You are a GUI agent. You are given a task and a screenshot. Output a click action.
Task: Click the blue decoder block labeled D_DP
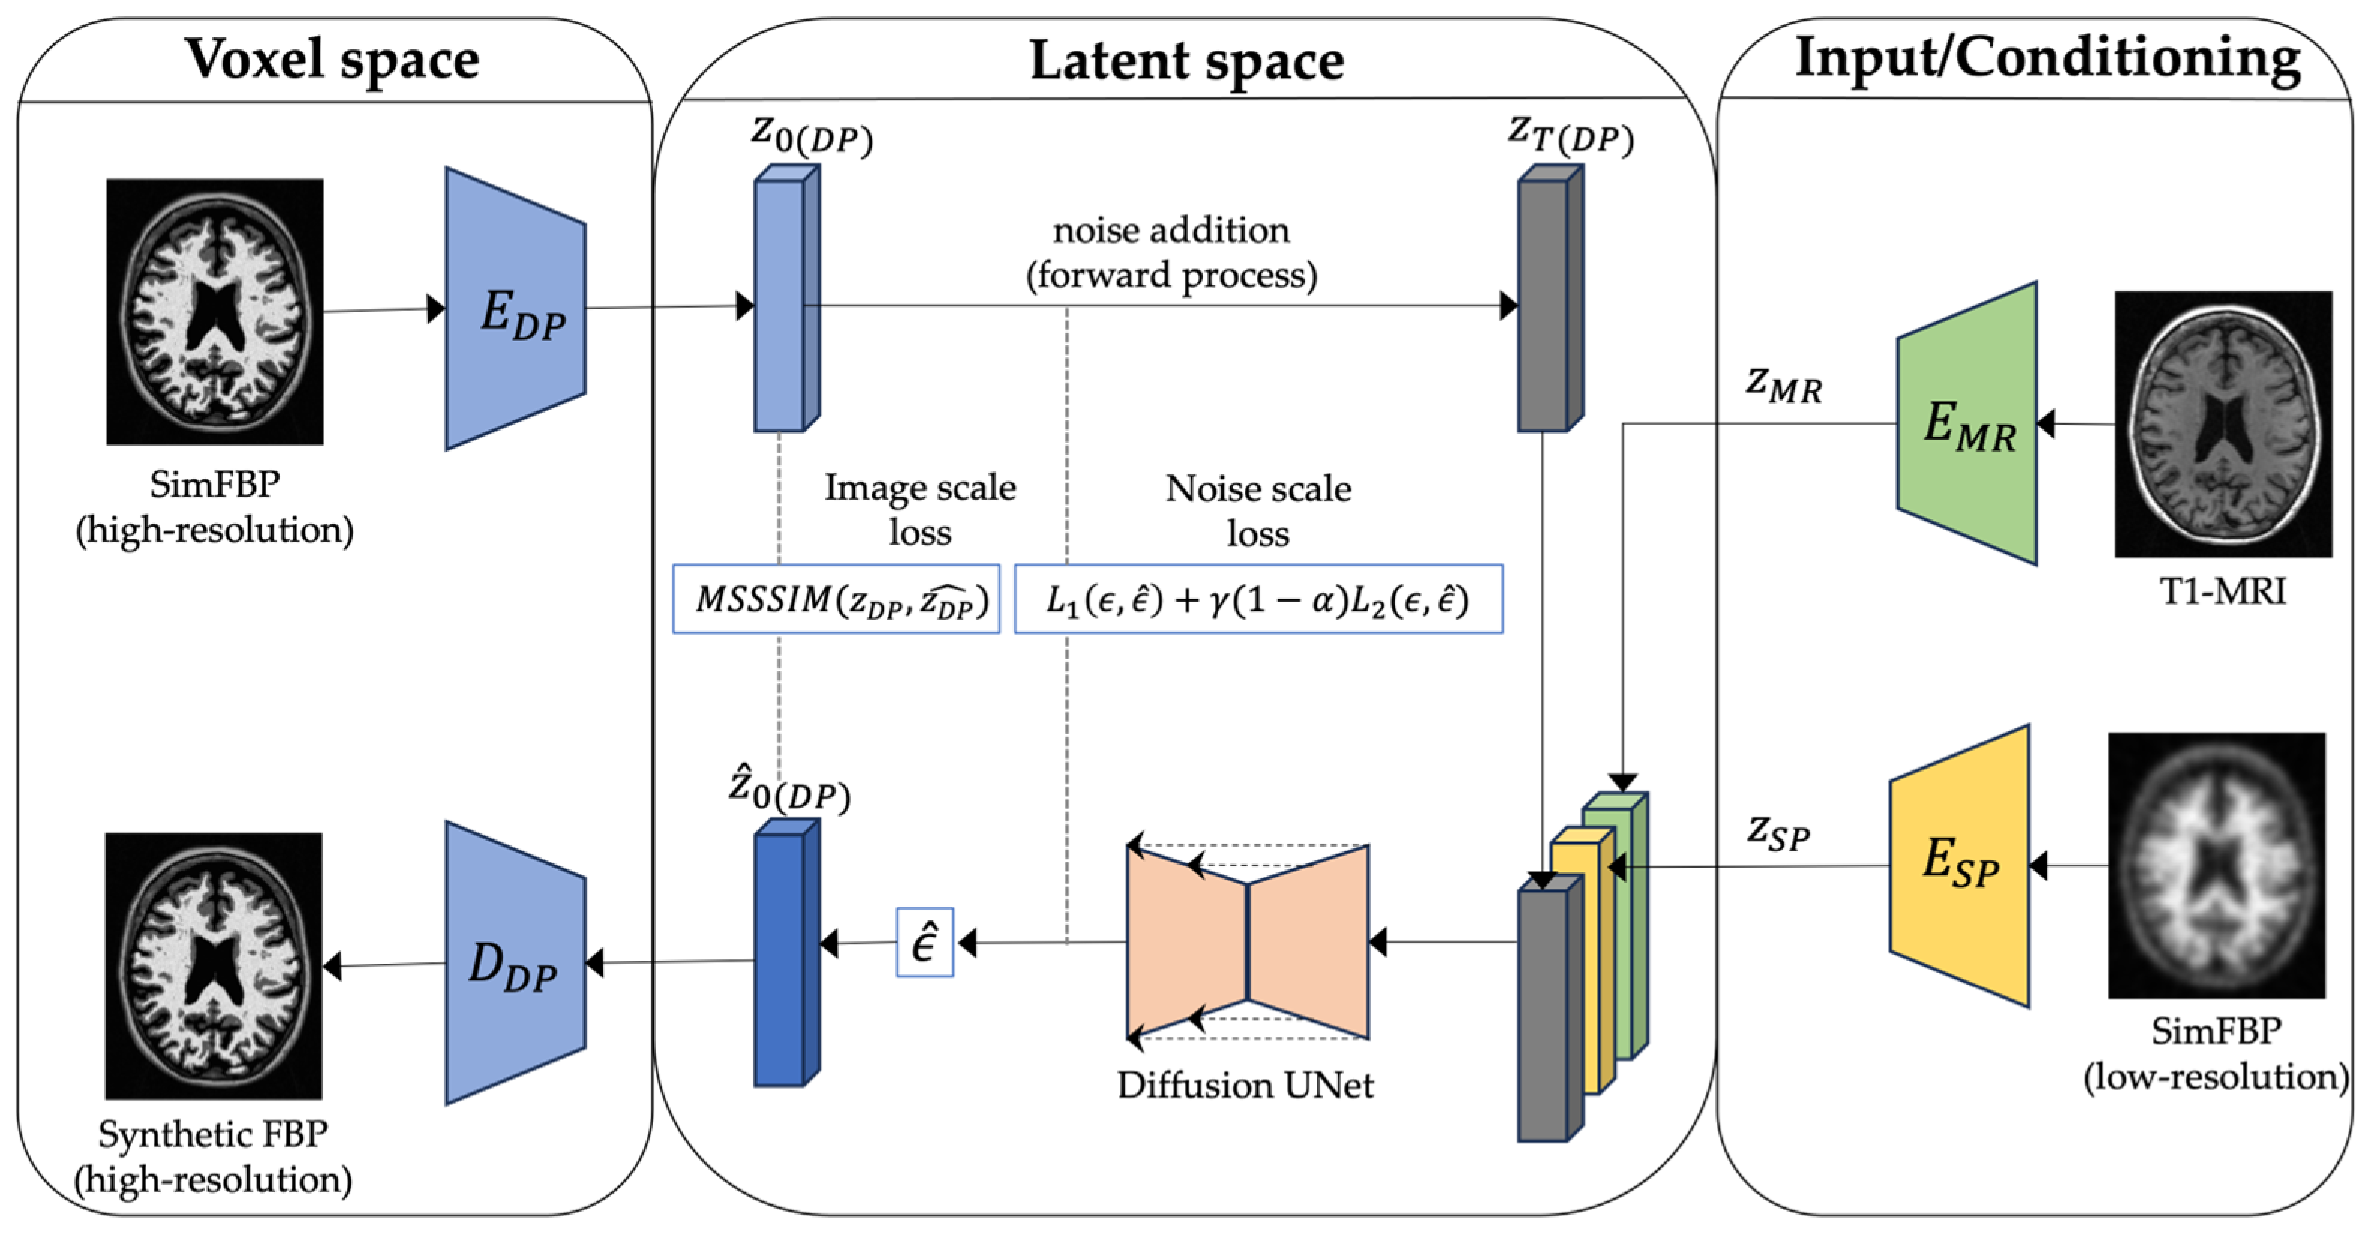(516, 964)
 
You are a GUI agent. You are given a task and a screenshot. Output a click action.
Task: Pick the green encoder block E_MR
(1968, 424)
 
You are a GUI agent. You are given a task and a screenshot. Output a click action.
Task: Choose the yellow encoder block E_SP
(1960, 865)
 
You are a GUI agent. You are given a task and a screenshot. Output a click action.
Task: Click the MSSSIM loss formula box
(836, 599)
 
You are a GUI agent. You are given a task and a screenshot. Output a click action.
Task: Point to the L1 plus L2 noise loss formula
(1257, 599)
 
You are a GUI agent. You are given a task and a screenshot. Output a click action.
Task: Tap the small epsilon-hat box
(924, 943)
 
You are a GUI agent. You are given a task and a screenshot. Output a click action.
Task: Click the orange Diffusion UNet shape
(1247, 941)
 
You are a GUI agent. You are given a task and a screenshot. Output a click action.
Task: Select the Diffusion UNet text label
(1245, 1086)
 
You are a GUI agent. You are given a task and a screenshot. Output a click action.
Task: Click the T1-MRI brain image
(2222, 424)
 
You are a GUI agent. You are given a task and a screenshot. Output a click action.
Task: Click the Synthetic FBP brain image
(214, 965)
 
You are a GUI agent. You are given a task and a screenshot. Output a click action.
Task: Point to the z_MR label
(1783, 384)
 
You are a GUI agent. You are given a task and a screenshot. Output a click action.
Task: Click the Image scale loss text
(919, 509)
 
